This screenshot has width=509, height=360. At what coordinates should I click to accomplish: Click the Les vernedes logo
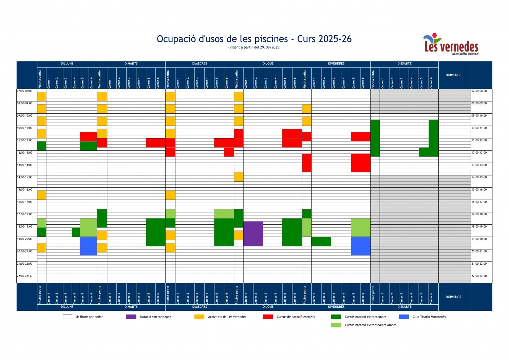451,44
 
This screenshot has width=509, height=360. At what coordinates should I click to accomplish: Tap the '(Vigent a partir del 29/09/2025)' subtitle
254,48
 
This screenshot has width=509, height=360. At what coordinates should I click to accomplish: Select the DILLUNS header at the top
67,64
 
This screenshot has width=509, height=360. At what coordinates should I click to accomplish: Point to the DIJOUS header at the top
268,64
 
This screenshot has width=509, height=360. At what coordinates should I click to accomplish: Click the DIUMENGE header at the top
453,75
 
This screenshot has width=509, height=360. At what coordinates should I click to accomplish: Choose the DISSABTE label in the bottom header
404,307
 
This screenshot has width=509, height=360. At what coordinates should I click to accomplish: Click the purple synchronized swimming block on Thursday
253,234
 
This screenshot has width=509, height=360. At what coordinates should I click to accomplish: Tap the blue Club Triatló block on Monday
88,246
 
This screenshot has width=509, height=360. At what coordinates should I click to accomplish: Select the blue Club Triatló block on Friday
360,246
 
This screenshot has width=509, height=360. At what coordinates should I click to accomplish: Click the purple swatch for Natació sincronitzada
131,317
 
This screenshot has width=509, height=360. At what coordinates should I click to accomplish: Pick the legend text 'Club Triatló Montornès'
429,317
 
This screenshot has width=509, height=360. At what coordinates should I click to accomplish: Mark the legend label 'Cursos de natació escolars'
296,317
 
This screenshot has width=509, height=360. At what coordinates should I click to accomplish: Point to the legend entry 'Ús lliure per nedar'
89,317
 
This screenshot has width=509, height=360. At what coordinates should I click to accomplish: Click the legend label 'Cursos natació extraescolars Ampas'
370,325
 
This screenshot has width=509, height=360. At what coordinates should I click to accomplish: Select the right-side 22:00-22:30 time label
479,276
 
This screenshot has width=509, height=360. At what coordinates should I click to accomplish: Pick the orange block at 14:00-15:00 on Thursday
239,176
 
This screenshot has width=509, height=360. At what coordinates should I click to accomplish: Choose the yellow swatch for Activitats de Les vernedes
199,317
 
